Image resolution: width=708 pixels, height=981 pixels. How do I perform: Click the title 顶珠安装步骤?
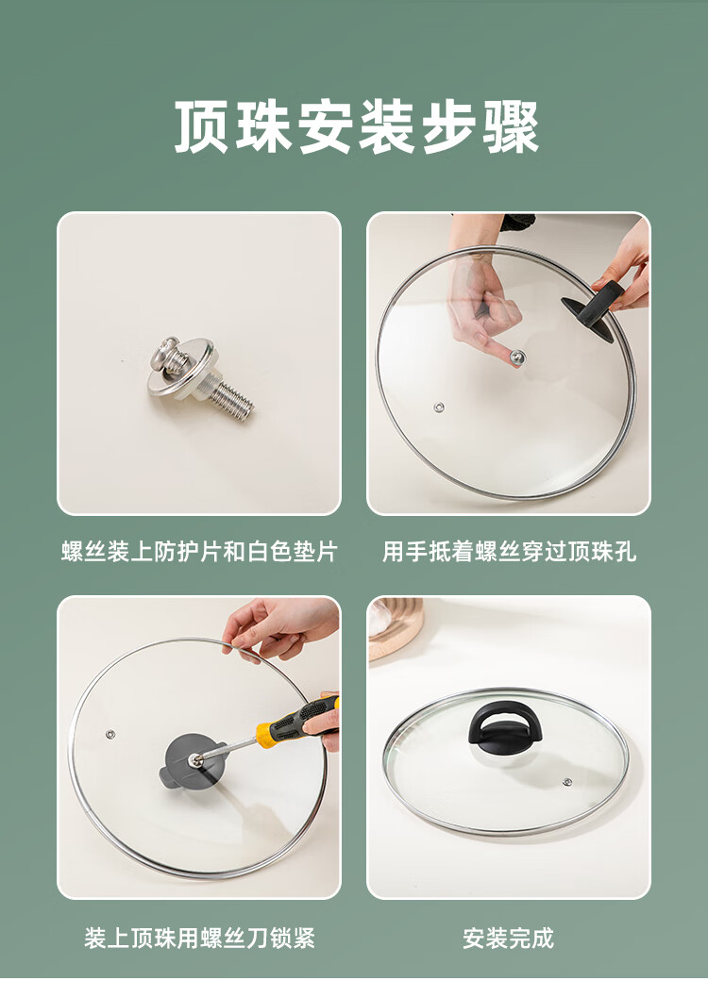[x=356, y=126]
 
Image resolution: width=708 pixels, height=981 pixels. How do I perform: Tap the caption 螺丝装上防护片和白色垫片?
[x=200, y=552]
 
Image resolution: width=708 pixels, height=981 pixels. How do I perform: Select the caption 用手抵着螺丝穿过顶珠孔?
[x=510, y=552]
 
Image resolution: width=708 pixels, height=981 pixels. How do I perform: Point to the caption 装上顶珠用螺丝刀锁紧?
[x=200, y=938]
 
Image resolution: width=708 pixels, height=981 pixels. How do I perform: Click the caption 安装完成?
[x=508, y=938]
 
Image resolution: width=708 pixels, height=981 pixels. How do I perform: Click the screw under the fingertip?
[x=516, y=357]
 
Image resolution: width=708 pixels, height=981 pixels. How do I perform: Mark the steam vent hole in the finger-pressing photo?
[x=440, y=407]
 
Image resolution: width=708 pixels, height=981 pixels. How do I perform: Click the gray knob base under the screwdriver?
[x=190, y=760]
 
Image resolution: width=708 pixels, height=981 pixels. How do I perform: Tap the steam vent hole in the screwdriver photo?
[x=110, y=733]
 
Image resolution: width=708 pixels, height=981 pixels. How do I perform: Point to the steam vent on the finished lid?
[x=567, y=782]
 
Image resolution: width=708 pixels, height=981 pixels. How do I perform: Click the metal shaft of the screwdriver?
[x=227, y=750]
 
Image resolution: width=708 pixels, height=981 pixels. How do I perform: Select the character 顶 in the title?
[x=200, y=126]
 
